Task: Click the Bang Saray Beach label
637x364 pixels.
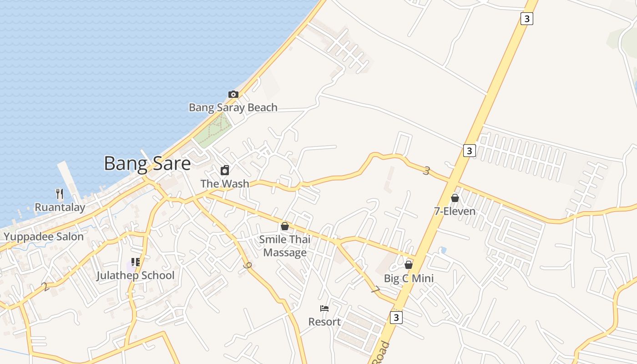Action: [233, 107]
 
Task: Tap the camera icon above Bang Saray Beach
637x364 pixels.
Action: [233, 94]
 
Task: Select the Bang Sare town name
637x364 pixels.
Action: [147, 163]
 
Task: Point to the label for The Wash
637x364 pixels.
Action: [225, 183]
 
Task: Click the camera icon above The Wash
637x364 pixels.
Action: [225, 171]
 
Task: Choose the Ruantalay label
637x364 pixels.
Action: [60, 207]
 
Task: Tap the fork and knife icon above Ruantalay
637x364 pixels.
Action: [60, 194]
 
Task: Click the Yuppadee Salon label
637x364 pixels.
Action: [44, 237]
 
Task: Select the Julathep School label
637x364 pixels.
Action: [135, 275]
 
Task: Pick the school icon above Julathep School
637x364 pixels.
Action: [135, 262]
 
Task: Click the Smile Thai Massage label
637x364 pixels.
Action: [285, 246]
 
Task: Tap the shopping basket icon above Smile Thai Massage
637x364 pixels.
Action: [285, 226]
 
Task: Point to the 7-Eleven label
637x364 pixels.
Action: [455, 211]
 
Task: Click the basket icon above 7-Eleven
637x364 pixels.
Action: [455, 198]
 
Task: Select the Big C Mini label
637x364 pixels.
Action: [409, 278]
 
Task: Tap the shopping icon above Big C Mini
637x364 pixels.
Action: [409, 265]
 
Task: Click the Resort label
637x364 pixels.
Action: [324, 322]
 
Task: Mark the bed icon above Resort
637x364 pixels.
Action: [324, 308]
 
